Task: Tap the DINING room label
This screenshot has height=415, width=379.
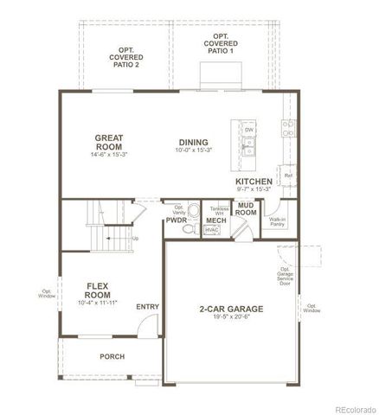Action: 192,143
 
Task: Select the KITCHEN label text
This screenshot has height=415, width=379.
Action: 254,182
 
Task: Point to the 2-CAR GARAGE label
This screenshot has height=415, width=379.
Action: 232,309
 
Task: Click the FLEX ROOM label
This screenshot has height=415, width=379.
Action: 101,290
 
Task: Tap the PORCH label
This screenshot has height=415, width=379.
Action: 112,355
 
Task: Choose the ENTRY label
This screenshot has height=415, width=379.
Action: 148,306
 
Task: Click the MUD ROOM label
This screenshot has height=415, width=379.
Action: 247,209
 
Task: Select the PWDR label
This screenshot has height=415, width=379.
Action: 177,221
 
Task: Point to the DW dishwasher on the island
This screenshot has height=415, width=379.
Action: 249,130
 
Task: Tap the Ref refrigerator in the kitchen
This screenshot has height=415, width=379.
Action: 288,176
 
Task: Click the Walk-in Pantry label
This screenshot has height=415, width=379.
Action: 277,222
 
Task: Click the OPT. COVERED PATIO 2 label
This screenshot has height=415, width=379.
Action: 125,59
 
